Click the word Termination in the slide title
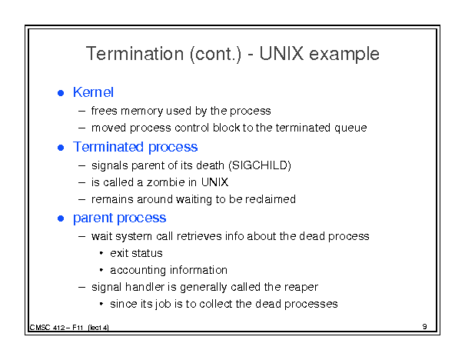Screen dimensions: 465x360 point(135,54)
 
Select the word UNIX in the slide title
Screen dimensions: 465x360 point(281,54)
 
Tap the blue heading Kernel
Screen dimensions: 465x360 point(93,92)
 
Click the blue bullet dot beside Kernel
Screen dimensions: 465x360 point(61,93)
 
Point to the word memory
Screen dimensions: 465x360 point(141,112)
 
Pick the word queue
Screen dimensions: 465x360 point(350,128)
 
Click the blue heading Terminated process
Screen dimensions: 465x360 point(135,147)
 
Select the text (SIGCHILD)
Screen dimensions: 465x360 point(260,165)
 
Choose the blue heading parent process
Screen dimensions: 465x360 point(119,218)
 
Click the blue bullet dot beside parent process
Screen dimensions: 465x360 point(61,218)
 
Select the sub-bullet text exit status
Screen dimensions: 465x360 point(136,253)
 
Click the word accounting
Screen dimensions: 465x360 point(138,270)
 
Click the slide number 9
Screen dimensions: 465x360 point(425,326)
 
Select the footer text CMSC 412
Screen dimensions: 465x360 point(47,328)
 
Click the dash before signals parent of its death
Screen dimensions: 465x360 point(81,165)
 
